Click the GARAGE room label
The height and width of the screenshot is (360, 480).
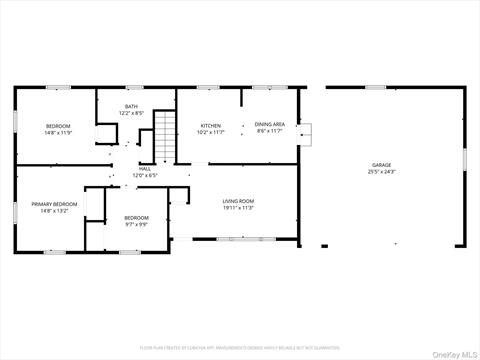click(x=381, y=165)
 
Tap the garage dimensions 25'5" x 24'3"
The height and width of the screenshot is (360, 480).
click(x=381, y=172)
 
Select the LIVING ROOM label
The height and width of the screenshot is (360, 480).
click(x=238, y=201)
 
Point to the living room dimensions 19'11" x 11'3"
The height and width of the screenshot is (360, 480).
click(x=238, y=208)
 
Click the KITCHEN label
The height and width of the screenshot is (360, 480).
click(x=210, y=125)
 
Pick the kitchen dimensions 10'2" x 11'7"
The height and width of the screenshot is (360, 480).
click(x=210, y=132)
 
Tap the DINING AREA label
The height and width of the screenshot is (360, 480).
click(x=270, y=124)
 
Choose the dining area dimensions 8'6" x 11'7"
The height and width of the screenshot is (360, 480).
click(x=270, y=131)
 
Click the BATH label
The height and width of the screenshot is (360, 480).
click(x=131, y=106)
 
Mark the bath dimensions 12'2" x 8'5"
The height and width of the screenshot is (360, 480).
click(x=131, y=113)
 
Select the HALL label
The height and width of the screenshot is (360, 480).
click(x=145, y=169)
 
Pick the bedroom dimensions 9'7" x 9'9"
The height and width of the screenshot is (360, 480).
click(x=136, y=225)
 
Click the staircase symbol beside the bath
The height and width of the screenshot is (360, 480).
click(x=164, y=137)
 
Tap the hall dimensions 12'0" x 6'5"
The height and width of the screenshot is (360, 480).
click(x=145, y=176)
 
